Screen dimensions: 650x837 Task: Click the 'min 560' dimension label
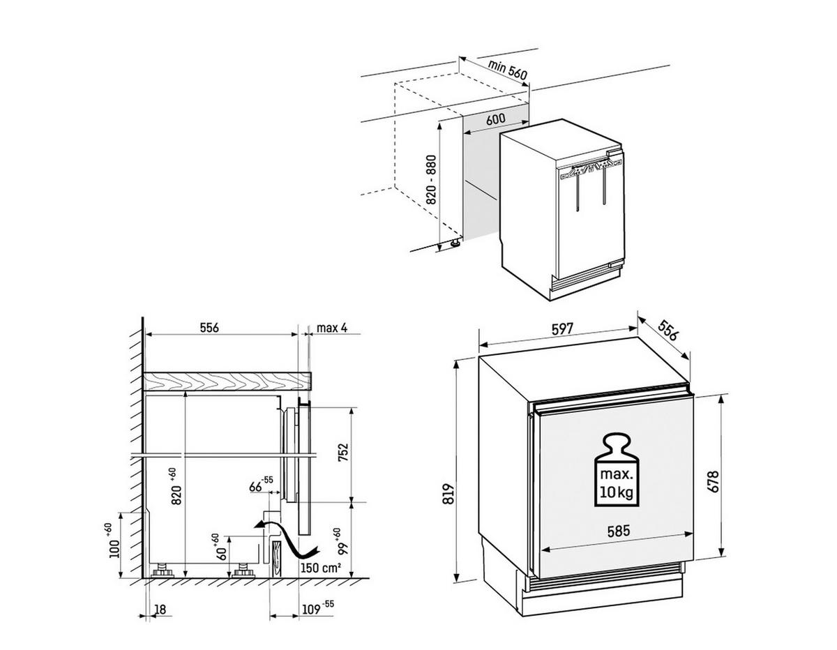pyautogui.click(x=506, y=70)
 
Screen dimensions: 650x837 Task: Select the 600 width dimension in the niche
pyautogui.click(x=495, y=119)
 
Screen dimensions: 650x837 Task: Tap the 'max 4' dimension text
pyautogui.click(x=331, y=328)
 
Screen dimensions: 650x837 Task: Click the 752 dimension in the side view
pyautogui.click(x=342, y=453)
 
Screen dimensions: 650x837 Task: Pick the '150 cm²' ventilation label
pyautogui.click(x=320, y=566)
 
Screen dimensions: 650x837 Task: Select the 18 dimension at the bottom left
pyautogui.click(x=160, y=610)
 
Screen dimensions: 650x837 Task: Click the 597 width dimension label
pyautogui.click(x=561, y=329)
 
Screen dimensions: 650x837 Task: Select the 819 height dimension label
pyautogui.click(x=448, y=493)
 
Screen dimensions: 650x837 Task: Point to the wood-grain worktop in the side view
pyautogui.click(x=227, y=381)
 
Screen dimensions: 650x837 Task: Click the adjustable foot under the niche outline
pyautogui.click(x=455, y=243)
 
